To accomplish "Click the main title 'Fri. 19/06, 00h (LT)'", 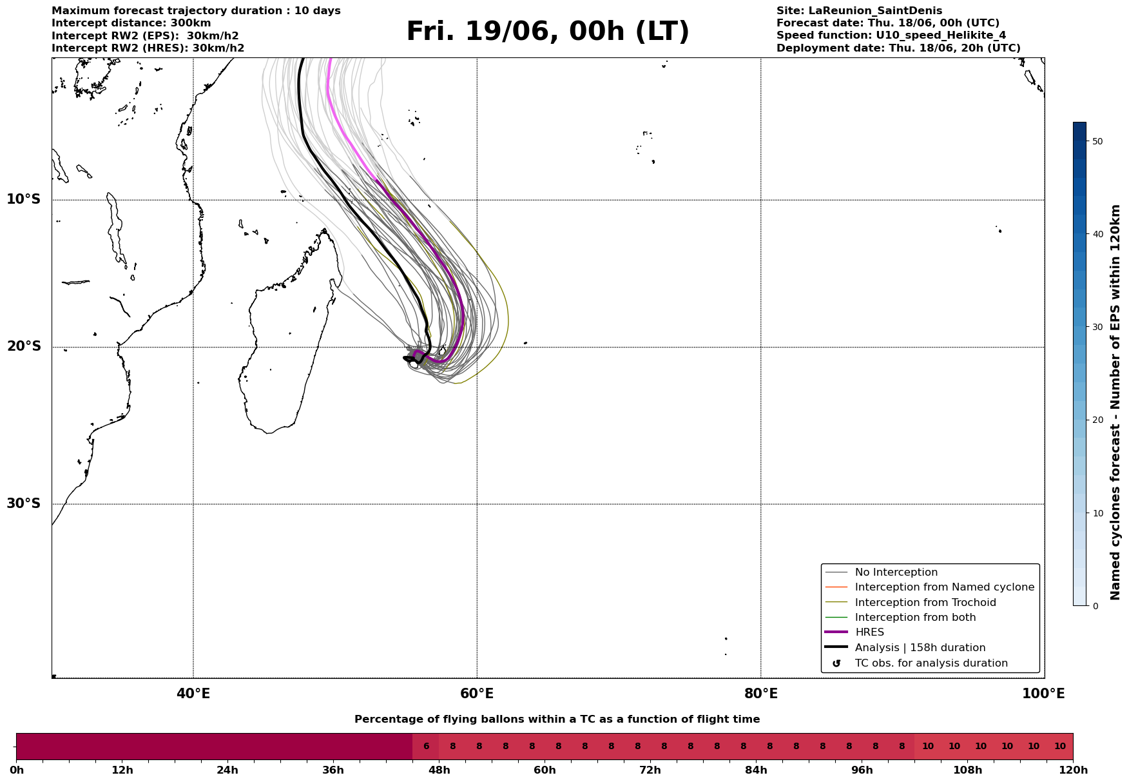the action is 548,32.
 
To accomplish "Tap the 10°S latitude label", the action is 24,199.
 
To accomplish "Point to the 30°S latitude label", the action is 24,503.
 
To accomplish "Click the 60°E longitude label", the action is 477,694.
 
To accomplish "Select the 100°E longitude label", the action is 1043,694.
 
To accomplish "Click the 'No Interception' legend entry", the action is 896,572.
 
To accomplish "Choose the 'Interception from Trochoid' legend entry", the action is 925,603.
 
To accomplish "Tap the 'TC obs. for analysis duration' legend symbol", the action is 836,663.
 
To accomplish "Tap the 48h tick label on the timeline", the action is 439,770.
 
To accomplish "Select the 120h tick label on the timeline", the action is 1073,770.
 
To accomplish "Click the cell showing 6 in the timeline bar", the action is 426,747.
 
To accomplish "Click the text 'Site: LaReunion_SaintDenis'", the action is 859,11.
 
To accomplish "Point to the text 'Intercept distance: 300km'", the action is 131,23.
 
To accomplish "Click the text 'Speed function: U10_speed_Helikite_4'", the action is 891,35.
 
